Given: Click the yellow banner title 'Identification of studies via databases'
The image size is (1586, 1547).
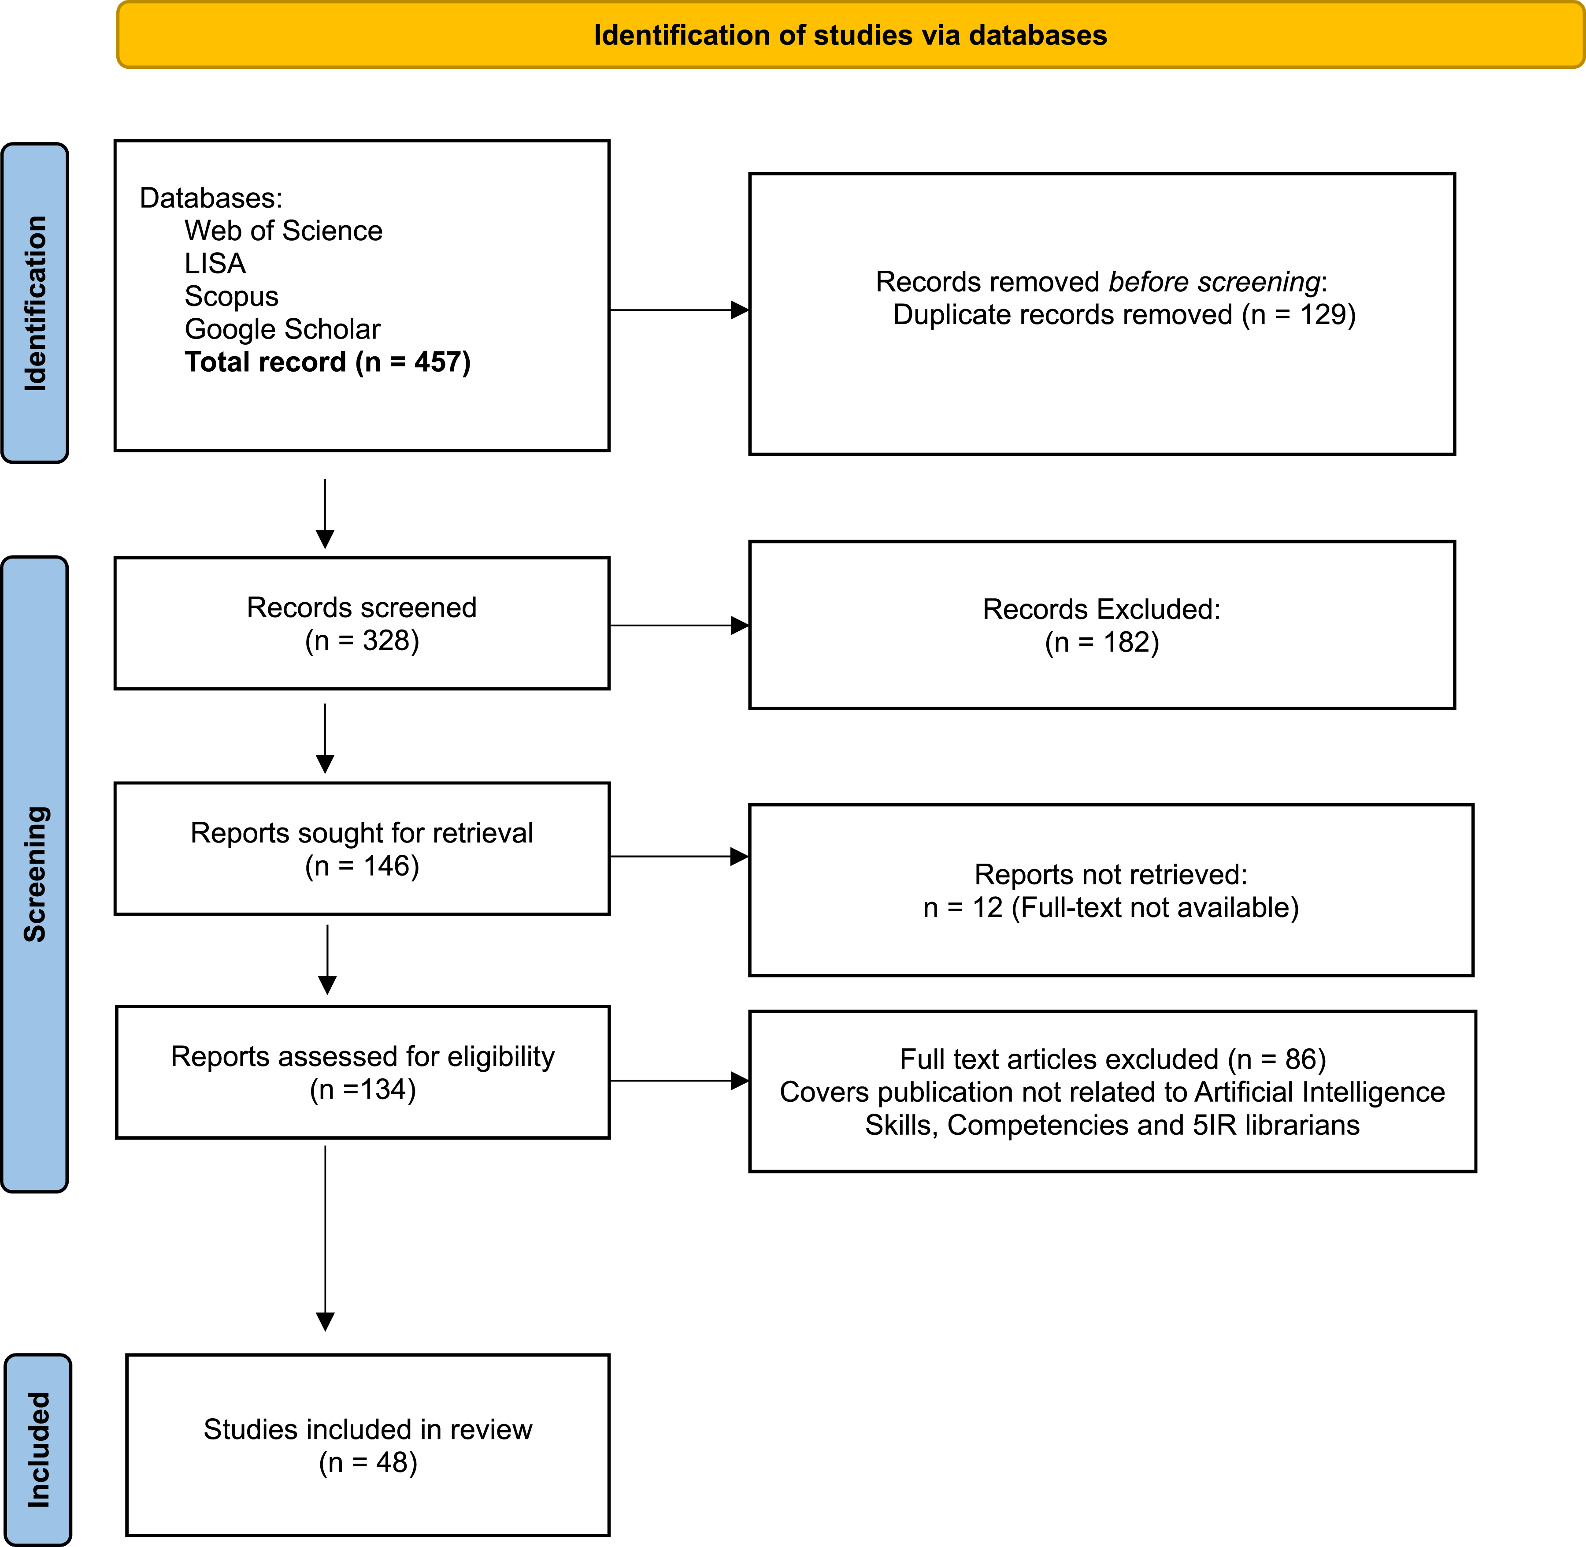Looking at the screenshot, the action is [x=850, y=36].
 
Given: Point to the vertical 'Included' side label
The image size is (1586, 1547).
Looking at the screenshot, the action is [x=39, y=1450].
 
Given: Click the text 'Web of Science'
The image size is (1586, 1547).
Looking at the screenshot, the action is [x=283, y=231].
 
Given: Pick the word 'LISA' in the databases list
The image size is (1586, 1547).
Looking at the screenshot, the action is [x=215, y=263].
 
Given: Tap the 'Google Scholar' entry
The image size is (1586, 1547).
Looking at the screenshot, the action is [x=282, y=329].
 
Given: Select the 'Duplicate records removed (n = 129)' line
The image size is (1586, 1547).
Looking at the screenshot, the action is [x=1125, y=314].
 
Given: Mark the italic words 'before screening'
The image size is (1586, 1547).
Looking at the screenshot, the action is [x=1214, y=282].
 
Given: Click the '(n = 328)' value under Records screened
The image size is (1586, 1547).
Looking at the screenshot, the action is [x=362, y=641].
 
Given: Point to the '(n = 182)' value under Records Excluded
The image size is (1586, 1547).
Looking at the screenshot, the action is [x=1102, y=643].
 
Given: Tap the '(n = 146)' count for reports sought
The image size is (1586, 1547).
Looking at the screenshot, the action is [x=362, y=866].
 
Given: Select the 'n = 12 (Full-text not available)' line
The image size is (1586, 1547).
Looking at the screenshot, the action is [x=1111, y=908].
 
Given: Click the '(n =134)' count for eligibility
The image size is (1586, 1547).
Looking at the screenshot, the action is [x=363, y=1089].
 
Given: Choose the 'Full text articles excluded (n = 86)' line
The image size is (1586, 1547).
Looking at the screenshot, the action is [x=1112, y=1059].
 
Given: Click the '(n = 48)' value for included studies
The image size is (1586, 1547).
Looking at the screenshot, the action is [x=368, y=1462].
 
